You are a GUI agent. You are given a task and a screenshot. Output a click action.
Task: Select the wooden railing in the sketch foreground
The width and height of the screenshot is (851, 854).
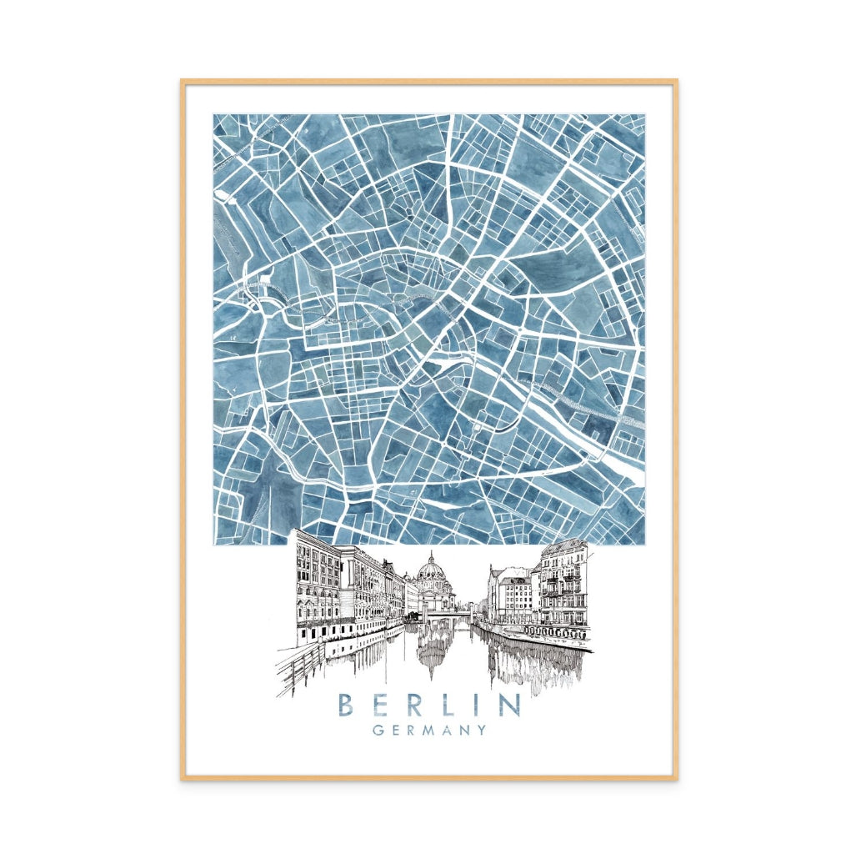point(300,667)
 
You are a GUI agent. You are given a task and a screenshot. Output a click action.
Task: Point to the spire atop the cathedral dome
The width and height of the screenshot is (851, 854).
point(432,555)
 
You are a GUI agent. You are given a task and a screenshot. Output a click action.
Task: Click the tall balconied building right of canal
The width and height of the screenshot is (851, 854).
point(563,584)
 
